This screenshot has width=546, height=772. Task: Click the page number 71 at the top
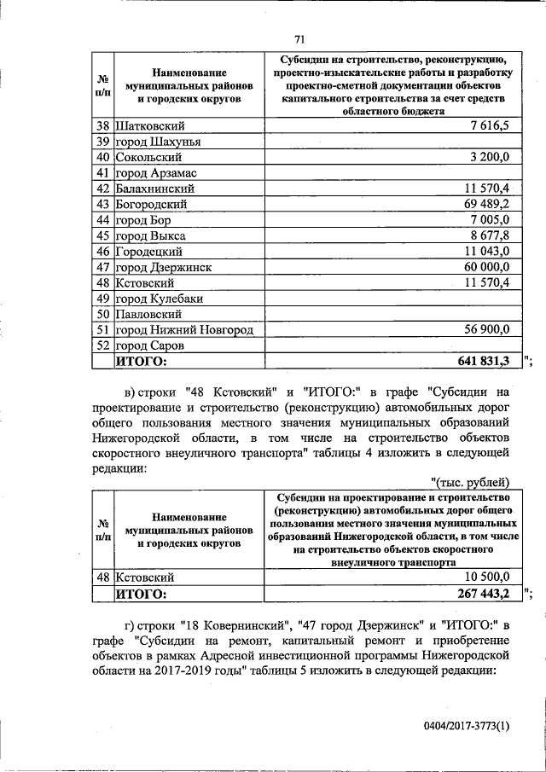tap(299, 38)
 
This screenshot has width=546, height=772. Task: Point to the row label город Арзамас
tap(152, 173)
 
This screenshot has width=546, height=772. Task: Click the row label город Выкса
tap(150, 235)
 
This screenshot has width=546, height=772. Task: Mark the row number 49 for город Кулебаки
tap(102, 299)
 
